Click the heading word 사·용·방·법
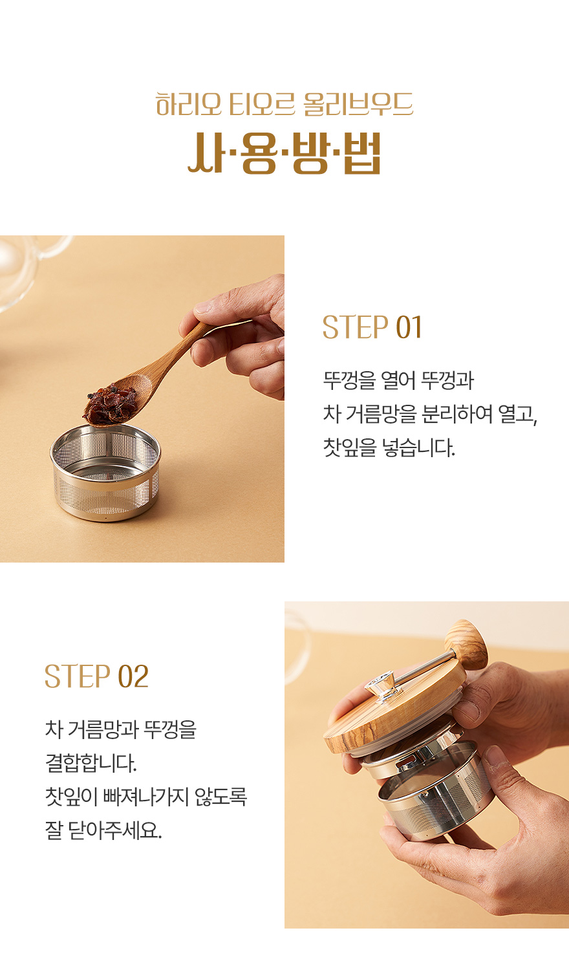(284, 153)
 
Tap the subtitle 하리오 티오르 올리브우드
(284, 104)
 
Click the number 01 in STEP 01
(409, 327)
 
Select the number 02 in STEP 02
(133, 676)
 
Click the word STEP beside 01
(355, 327)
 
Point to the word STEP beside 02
(78, 676)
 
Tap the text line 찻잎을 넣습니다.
(389, 447)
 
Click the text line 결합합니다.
(91, 763)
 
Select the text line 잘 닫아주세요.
(103, 830)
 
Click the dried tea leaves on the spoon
(111, 405)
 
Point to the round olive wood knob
(466, 644)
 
